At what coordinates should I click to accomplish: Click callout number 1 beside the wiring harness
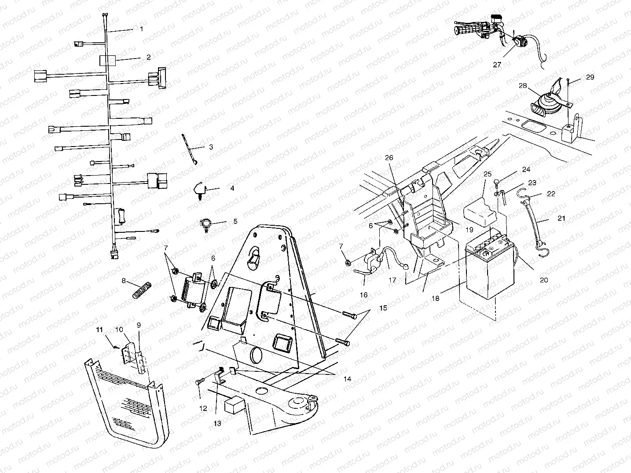point(141,29)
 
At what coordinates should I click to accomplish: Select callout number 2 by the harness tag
point(148,57)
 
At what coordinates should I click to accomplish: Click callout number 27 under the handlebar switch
point(497,64)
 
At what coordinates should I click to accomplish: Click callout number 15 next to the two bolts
point(383,308)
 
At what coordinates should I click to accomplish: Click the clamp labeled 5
point(206,224)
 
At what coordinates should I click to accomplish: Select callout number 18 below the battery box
point(435,298)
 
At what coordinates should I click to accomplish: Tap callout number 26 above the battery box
point(389,158)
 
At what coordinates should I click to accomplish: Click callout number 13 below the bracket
point(217,423)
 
